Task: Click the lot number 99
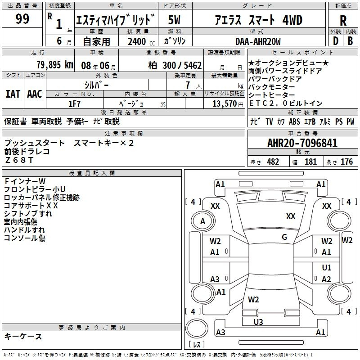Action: click(22, 19)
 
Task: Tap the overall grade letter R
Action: click(343, 21)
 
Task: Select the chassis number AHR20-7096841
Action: click(302, 144)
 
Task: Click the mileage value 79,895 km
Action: click(55, 65)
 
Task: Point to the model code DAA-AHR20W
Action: click(258, 42)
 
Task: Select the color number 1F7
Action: click(74, 103)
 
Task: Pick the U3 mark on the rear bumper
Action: click(258, 322)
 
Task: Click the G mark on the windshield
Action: click(284, 237)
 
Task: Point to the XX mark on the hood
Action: click(291, 216)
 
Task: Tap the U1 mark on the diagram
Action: click(327, 268)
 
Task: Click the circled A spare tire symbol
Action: click(202, 221)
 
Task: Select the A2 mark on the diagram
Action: click(327, 279)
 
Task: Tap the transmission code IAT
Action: click(13, 94)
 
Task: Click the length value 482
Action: click(273, 162)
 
